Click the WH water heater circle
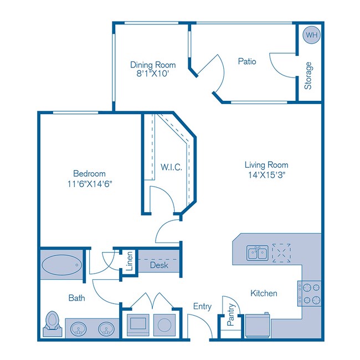coord(311,34)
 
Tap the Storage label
coord(308,76)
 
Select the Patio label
coord(247,61)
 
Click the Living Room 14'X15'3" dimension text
coord(266,175)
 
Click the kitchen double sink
coord(258,253)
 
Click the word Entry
coord(202,306)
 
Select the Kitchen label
coord(264,293)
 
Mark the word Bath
coord(76,298)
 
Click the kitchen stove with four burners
coord(311,294)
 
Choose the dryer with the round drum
coord(163,324)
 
